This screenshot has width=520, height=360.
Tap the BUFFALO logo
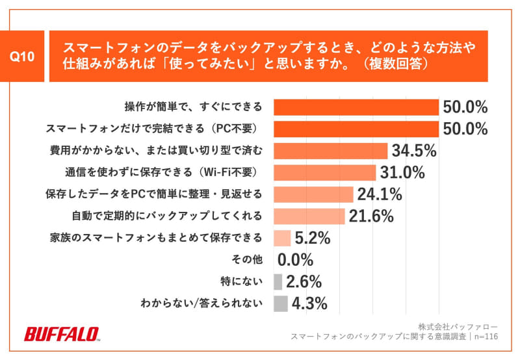point(62,334)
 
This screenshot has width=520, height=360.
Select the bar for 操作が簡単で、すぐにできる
point(356,107)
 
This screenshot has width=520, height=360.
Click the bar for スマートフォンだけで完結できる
point(356,129)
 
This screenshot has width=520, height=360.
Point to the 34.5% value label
point(413,151)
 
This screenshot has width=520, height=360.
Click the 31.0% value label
point(402,173)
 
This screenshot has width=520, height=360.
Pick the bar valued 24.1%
point(313,194)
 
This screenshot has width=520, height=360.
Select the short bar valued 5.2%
point(282,238)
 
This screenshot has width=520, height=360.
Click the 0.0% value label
point(295,260)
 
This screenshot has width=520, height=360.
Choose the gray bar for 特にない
point(278,281)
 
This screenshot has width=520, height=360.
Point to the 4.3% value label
point(309,303)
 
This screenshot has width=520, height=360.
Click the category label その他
point(247,260)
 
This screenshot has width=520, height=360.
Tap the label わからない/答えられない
point(201,303)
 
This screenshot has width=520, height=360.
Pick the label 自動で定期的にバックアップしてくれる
point(166,216)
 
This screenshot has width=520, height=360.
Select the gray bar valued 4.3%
point(280,303)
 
